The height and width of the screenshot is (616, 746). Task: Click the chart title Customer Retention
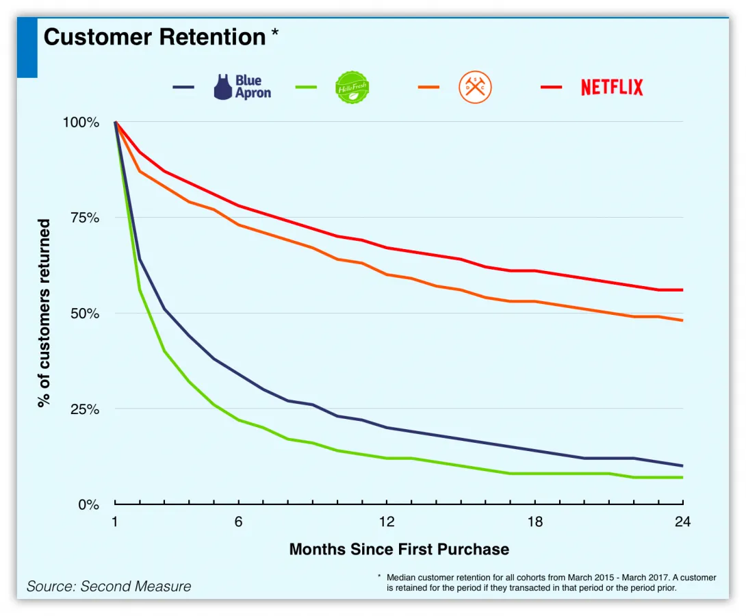click(154, 37)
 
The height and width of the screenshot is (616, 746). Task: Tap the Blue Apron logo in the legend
click(242, 87)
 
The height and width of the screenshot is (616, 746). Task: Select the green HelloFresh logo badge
click(352, 88)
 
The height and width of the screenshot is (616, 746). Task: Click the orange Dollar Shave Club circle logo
click(475, 88)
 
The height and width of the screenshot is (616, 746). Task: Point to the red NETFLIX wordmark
click(612, 88)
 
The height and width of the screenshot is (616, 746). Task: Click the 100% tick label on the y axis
click(81, 123)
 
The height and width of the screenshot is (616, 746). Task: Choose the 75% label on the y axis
click(85, 218)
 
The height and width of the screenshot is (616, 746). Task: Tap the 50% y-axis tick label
click(85, 313)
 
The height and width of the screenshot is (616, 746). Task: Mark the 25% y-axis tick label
click(85, 409)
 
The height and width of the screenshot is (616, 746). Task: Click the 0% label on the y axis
click(89, 504)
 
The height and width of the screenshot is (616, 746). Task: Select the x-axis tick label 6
click(238, 522)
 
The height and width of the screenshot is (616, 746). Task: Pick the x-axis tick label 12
click(387, 522)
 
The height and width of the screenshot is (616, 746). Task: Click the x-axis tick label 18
click(535, 522)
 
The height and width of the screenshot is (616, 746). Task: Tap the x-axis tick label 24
click(682, 522)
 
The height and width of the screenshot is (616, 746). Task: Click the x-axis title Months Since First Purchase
click(399, 549)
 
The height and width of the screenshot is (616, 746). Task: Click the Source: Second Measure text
click(109, 587)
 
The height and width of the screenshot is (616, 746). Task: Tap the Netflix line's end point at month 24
click(682, 290)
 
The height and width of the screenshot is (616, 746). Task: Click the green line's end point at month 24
click(682, 477)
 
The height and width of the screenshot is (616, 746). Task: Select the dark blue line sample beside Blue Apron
click(183, 88)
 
